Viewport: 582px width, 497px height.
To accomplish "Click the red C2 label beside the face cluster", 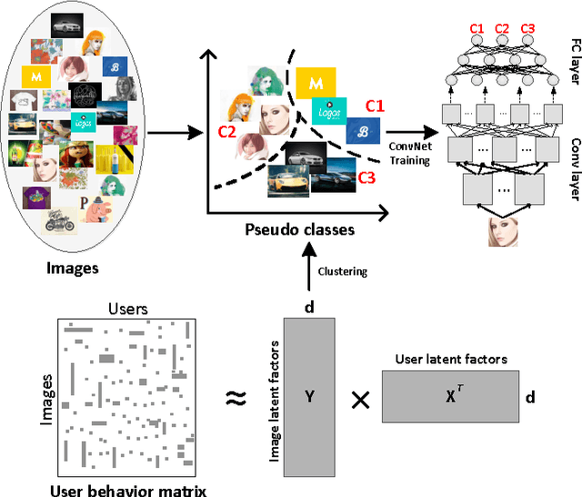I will point(227,133).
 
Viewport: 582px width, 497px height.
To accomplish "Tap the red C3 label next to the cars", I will point(366,178).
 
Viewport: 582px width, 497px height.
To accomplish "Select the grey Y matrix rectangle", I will point(309,397).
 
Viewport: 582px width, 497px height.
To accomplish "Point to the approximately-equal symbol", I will point(236,397).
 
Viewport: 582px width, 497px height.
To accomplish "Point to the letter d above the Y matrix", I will point(309,308).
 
